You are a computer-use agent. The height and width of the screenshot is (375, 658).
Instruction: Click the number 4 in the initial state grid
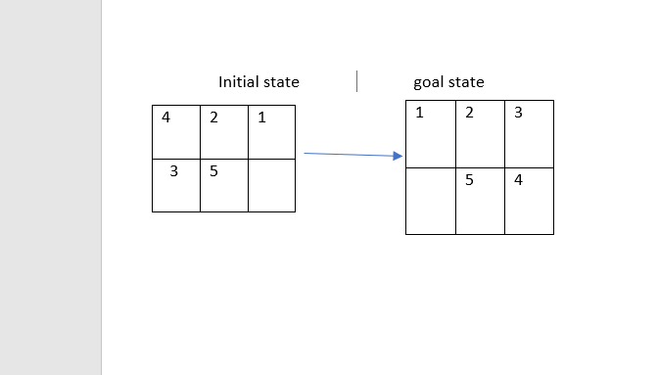point(165,118)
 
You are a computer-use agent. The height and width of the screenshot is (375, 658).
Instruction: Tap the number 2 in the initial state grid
point(213,118)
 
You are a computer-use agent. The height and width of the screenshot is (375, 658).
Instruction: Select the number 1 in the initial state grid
point(261,118)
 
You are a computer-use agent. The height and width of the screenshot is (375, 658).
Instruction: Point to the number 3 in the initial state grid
point(173,171)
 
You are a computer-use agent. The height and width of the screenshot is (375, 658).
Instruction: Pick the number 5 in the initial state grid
point(213,171)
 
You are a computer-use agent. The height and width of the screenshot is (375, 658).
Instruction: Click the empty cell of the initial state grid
point(271,184)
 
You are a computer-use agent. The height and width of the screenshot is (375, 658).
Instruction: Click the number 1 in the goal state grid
point(420,113)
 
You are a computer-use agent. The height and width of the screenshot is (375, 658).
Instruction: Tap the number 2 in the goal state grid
point(469,113)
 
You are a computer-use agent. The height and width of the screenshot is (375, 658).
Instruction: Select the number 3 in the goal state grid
point(518,113)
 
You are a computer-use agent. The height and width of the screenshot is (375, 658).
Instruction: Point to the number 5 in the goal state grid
point(470,180)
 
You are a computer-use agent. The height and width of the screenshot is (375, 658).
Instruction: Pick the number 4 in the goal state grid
point(518,180)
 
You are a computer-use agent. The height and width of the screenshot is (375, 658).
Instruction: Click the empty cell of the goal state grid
point(430,201)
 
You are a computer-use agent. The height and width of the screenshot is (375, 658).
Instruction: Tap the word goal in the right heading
point(429,83)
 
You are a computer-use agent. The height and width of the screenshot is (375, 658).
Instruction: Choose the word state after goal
point(466,82)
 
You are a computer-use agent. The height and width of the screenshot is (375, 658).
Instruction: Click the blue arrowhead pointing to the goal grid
point(399,156)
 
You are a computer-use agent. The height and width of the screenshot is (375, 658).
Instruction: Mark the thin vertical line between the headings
point(356,80)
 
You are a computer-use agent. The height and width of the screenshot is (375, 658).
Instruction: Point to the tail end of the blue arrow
point(306,153)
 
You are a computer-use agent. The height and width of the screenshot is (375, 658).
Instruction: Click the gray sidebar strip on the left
point(50,187)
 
